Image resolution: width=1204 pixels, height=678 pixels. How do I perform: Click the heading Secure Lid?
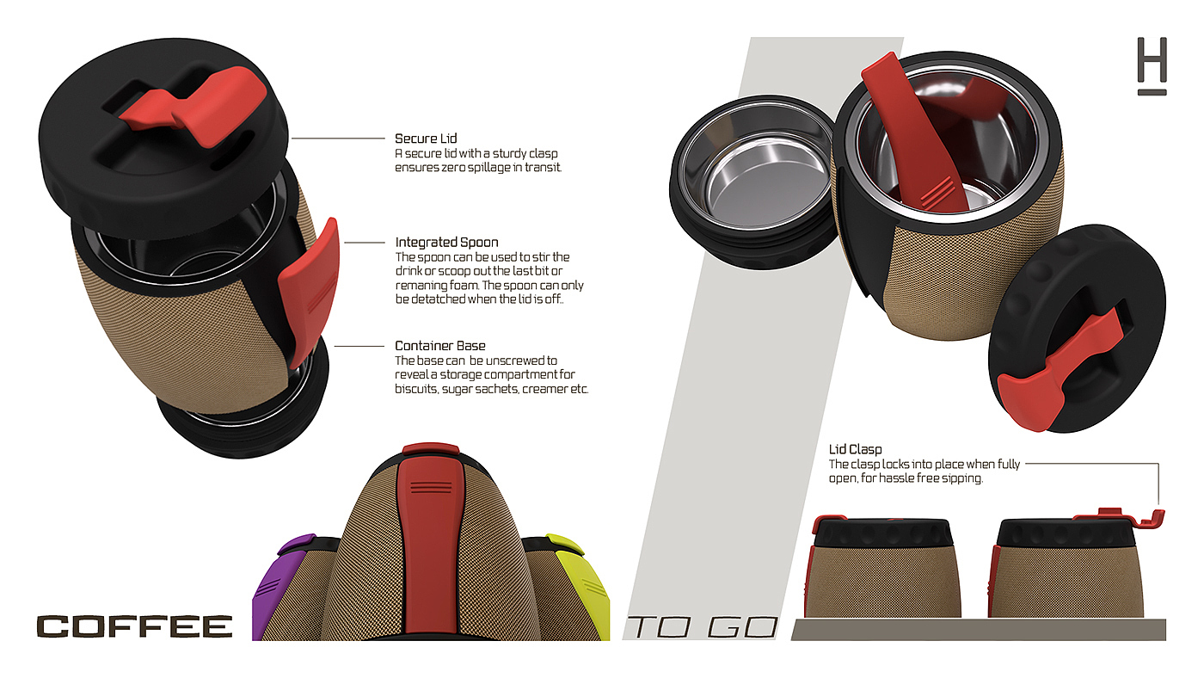[426, 139]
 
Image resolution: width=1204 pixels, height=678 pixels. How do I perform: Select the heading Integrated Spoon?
[446, 243]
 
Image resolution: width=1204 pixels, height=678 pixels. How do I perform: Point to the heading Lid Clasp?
[855, 449]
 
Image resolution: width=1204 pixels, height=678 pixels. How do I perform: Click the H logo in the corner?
[1152, 65]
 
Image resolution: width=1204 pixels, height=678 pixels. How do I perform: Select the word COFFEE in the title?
[135, 626]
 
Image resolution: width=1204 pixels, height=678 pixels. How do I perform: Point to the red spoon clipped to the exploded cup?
[310, 288]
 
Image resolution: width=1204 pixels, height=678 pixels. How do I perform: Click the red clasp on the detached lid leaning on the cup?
[1058, 379]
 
